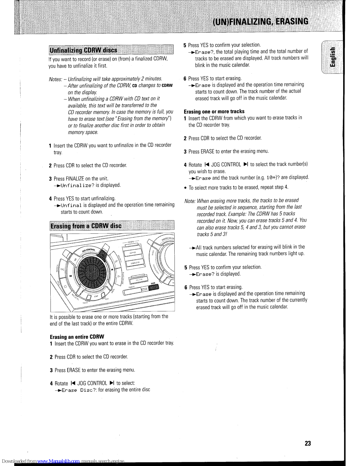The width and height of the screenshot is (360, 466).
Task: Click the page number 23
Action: pos(308,443)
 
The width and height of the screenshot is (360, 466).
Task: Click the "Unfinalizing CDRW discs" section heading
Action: pos(84,50)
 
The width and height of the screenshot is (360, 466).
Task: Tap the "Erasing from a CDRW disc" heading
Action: pos(86,226)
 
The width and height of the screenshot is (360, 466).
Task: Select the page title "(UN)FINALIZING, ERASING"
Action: pos(260,22)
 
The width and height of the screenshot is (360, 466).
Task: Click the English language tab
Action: pos(334,57)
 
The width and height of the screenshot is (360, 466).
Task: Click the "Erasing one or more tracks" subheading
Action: pos(214,112)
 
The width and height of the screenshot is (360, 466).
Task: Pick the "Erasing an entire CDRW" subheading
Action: pos(77,337)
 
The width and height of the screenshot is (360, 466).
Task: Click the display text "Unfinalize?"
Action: pos(77,186)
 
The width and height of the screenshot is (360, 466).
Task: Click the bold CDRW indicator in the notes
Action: pos(167,86)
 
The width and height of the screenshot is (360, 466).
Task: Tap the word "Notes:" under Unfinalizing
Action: pos(55,79)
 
